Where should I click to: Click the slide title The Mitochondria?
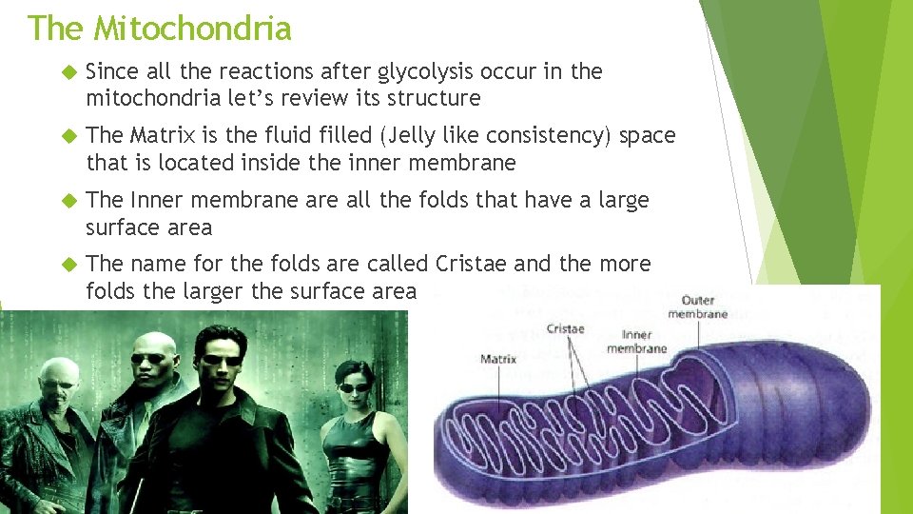click(159, 28)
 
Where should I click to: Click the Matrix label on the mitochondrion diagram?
click(498, 360)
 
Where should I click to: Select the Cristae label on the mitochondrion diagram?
click(565, 329)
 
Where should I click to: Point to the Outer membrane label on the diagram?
click(697, 307)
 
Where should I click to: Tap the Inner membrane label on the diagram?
click(636, 342)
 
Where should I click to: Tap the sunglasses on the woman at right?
click(353, 387)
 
